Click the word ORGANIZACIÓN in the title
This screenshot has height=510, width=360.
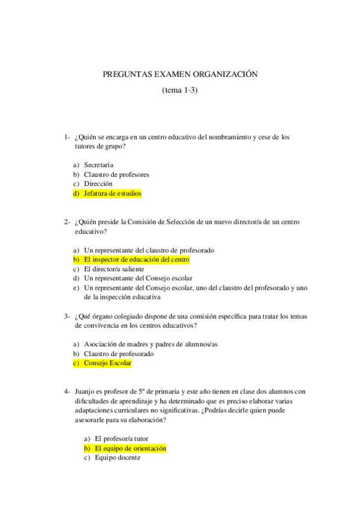(225, 74)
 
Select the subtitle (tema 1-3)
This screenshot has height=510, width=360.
(180, 91)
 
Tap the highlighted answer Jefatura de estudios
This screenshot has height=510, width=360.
(112, 194)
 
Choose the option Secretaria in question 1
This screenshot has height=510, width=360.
(99, 165)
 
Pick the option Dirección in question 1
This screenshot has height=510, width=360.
(99, 184)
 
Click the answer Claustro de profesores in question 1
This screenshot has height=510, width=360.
(117, 174)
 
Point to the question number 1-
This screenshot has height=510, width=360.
(68, 137)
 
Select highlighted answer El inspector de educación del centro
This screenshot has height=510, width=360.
(136, 259)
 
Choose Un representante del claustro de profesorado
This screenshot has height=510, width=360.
(149, 250)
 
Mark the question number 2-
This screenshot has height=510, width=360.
(68, 221)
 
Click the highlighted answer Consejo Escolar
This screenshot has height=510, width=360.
(108, 363)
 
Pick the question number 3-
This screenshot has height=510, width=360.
(68, 316)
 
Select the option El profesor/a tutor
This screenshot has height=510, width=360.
(121, 438)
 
